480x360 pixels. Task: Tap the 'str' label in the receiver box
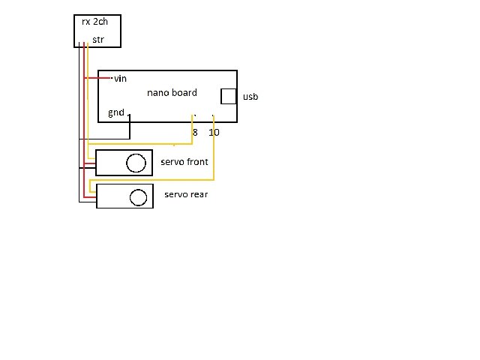tap(98, 39)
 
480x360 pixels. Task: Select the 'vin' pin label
tap(120, 78)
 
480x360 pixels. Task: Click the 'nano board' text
tap(172, 93)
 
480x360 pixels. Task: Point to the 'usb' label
tap(250, 97)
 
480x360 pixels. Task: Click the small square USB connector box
tap(228, 97)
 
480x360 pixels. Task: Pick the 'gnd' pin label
tap(116, 112)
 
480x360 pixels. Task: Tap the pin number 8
tap(195, 132)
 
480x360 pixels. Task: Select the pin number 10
tap(214, 132)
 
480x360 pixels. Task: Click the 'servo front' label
tap(184, 162)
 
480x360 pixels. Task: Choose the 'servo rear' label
tap(185, 195)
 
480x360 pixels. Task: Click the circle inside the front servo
tap(136, 163)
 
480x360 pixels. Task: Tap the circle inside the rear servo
tap(138, 197)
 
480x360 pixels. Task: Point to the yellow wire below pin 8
tap(193, 127)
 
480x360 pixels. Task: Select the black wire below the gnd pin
tap(130, 127)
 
